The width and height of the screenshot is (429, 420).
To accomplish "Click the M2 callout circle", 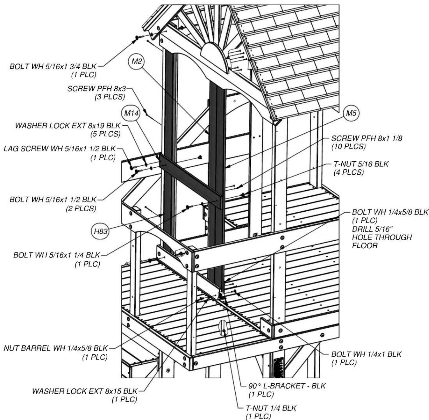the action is [x=136, y=61].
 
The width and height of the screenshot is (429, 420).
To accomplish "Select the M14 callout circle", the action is [x=131, y=113].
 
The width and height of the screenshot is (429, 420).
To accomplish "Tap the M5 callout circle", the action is [x=351, y=113].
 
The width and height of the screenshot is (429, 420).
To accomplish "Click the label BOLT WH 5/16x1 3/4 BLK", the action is [x=53, y=66].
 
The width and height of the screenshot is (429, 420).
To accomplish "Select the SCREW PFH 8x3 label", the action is [x=96, y=88].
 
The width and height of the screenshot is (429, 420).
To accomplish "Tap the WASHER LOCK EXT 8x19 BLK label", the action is [x=68, y=125].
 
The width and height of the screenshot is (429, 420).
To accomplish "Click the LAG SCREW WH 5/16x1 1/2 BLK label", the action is [x=60, y=148].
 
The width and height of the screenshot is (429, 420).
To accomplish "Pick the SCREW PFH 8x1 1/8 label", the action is [x=367, y=138].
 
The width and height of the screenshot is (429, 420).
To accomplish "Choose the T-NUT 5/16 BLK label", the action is [x=361, y=164].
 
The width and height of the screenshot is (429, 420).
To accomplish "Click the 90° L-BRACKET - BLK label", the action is [x=287, y=386].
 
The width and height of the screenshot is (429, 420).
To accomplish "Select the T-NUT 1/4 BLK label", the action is [x=271, y=408].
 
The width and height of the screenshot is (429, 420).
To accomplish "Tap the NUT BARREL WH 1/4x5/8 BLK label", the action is [x=56, y=348].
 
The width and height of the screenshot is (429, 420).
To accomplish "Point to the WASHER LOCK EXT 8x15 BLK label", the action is [x=85, y=391].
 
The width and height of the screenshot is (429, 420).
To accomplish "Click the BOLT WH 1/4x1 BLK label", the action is [x=366, y=354].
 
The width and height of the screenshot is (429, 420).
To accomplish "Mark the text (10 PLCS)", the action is [x=348, y=147].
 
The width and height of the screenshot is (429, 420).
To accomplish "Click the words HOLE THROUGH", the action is [x=382, y=237].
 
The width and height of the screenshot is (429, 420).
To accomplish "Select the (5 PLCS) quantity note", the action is [x=105, y=134].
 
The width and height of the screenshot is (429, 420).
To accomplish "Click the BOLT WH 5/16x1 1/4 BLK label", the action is [x=57, y=255].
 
